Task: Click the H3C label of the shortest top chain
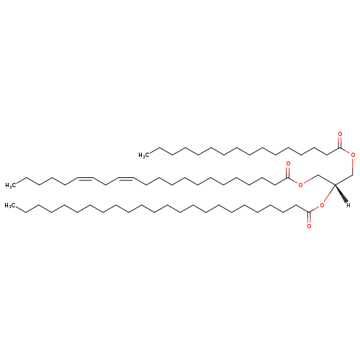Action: coord(144,156)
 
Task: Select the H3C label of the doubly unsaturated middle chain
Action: coord(11,185)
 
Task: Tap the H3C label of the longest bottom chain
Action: coord(10,206)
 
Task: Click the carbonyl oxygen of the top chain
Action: coord(340,134)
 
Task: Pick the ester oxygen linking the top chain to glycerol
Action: coord(353,155)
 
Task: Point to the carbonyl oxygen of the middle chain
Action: coord(288,164)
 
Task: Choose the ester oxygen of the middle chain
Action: coord(300,185)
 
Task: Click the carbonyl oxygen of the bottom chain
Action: coord(309,226)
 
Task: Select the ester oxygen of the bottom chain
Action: coord(322,205)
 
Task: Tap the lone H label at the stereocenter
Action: coord(348,205)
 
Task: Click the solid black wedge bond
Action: coord(341,194)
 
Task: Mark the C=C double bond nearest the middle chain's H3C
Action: coord(85,179)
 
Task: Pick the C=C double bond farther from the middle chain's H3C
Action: coord(125,179)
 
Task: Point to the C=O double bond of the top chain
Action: coord(340,143)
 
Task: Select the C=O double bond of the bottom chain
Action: coord(309,217)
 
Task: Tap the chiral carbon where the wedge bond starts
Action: coord(335,184)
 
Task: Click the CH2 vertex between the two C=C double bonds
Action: coord(105,185)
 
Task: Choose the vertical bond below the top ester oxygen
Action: coord(353,166)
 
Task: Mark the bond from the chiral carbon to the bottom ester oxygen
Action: coord(329,194)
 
